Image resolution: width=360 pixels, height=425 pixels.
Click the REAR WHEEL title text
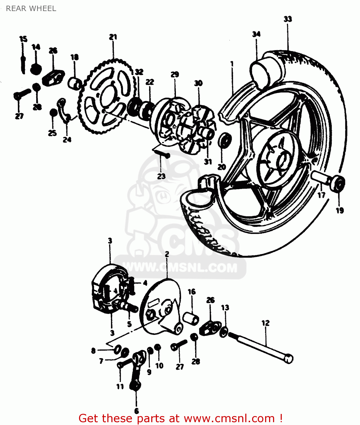(x=31, y=8)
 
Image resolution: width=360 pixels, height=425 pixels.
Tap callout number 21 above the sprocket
(x=113, y=37)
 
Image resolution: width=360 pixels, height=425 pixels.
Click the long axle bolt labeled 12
(x=261, y=347)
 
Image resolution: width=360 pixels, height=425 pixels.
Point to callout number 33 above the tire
(x=288, y=19)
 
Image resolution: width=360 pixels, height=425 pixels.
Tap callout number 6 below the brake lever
(x=137, y=411)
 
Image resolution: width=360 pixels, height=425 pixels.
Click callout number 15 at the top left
(x=23, y=39)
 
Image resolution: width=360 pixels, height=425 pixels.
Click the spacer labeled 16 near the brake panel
(x=191, y=318)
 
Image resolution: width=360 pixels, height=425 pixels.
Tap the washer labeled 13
(x=224, y=331)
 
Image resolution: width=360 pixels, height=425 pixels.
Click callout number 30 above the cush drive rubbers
(x=198, y=83)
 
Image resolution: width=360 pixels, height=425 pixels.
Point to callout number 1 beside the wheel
(x=232, y=64)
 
